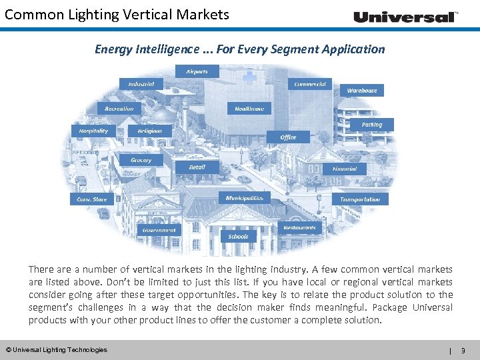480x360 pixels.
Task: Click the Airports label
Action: coord(197,71)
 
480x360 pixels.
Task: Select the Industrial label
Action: coord(141,84)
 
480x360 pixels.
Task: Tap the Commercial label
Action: coord(311,84)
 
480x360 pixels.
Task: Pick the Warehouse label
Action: coord(362,90)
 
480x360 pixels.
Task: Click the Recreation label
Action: coord(119,108)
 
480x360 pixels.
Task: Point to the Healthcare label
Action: coord(249,108)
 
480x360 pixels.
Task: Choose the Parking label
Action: coord(372,125)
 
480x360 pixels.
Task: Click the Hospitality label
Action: coord(93,131)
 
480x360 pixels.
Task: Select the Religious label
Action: coord(150,131)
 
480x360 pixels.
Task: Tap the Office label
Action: coord(288,137)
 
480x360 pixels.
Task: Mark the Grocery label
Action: coord(141,160)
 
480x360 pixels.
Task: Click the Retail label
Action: coord(197,167)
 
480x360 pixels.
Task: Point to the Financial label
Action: coord(345,169)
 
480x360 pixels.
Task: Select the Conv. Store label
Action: coord(92,199)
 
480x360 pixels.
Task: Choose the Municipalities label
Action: coord(245,198)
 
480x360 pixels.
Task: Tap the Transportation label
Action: coord(360,199)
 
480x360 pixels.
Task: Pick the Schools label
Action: coord(238,236)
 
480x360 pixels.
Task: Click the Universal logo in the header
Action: coord(405,17)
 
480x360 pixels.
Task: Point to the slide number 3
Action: coord(463,350)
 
